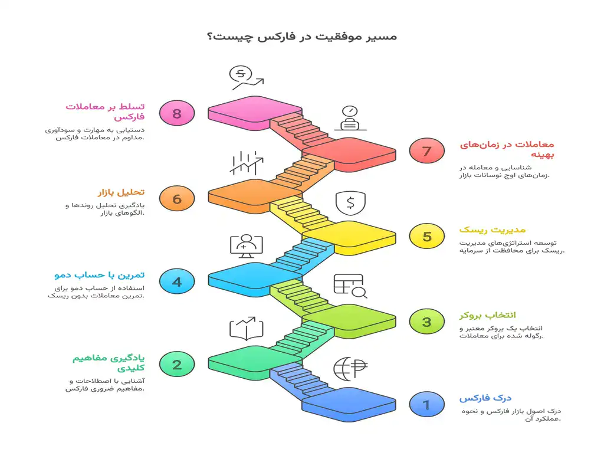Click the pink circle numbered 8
click(177, 113)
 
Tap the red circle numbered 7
click(426, 150)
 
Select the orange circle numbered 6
click(177, 198)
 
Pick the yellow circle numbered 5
click(426, 236)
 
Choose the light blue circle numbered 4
click(177, 281)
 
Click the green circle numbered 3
click(426, 322)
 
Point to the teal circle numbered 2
click(177, 364)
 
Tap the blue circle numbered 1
click(426, 404)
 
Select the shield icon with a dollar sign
click(350, 203)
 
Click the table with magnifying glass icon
click(350, 286)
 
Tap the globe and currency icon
click(350, 368)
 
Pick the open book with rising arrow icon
click(246, 329)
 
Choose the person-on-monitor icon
click(246, 246)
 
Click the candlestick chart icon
click(246, 163)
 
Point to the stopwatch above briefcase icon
click(350, 118)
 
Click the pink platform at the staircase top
click(255, 113)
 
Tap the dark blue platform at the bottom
click(349, 404)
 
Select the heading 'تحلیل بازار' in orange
click(121, 192)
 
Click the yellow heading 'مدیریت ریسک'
click(493, 230)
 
